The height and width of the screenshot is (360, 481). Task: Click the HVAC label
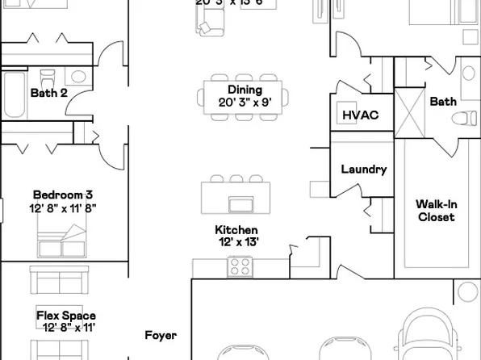pyautogui.click(x=361, y=115)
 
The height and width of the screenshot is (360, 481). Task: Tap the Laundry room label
pyautogui.click(x=364, y=170)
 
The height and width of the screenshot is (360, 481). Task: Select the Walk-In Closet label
pyautogui.click(x=436, y=211)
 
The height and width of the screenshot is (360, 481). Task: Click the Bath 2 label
pyautogui.click(x=48, y=94)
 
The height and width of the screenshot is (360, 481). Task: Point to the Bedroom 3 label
pyautogui.click(x=63, y=195)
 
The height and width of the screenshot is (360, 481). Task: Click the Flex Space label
pyautogui.click(x=66, y=316)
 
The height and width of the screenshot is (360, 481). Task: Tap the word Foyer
pyautogui.click(x=161, y=335)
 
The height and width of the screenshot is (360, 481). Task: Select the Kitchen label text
pyautogui.click(x=236, y=230)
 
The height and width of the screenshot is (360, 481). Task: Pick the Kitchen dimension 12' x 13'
pyautogui.click(x=236, y=242)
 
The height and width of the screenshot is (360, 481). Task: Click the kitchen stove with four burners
pyautogui.click(x=240, y=265)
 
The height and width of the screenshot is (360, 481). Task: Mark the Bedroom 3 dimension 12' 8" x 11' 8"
pyautogui.click(x=63, y=207)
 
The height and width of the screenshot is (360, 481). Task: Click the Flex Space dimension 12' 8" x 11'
pyautogui.click(x=66, y=328)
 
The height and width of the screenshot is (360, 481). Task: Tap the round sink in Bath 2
pyautogui.click(x=78, y=77)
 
